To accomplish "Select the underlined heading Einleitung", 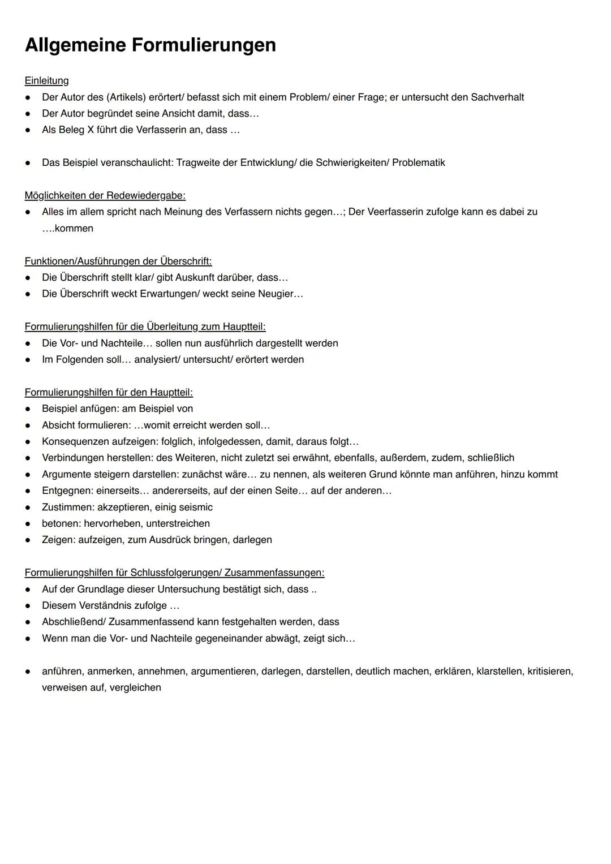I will click(x=46, y=80).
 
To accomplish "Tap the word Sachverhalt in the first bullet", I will click(x=497, y=97).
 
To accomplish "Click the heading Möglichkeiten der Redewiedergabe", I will click(x=105, y=195).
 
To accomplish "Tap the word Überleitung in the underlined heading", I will click(x=172, y=326).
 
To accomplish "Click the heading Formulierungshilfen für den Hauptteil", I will click(x=109, y=392).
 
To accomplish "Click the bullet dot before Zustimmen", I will click(x=27, y=508).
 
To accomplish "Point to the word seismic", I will click(x=195, y=507).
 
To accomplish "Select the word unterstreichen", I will click(x=178, y=523).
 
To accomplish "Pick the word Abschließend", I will click(x=73, y=622).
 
